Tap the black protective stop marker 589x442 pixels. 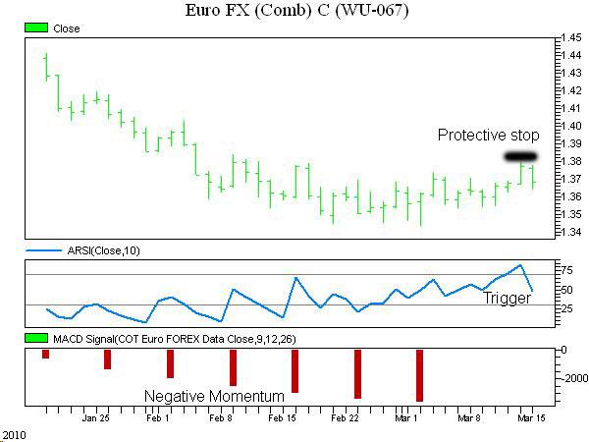coord(520,156)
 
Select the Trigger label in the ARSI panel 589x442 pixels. coord(507,299)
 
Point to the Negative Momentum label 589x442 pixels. coord(215,396)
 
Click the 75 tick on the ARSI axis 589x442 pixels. coord(565,268)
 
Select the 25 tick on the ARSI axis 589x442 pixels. coord(565,308)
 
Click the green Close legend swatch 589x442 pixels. coord(35,28)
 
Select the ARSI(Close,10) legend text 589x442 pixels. coord(100,251)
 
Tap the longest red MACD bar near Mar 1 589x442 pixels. coord(419,374)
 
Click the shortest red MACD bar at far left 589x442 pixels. coord(45,354)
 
